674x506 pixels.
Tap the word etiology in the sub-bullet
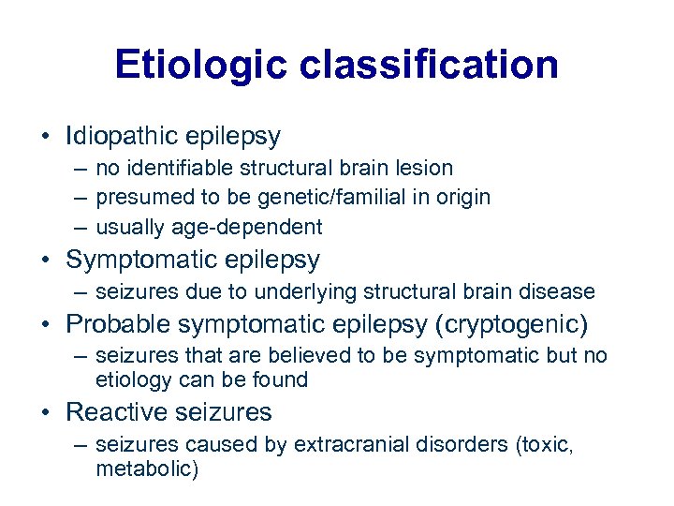coord(131,379)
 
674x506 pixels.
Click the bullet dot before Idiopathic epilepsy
coord(46,137)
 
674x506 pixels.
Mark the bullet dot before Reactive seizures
coord(46,412)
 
